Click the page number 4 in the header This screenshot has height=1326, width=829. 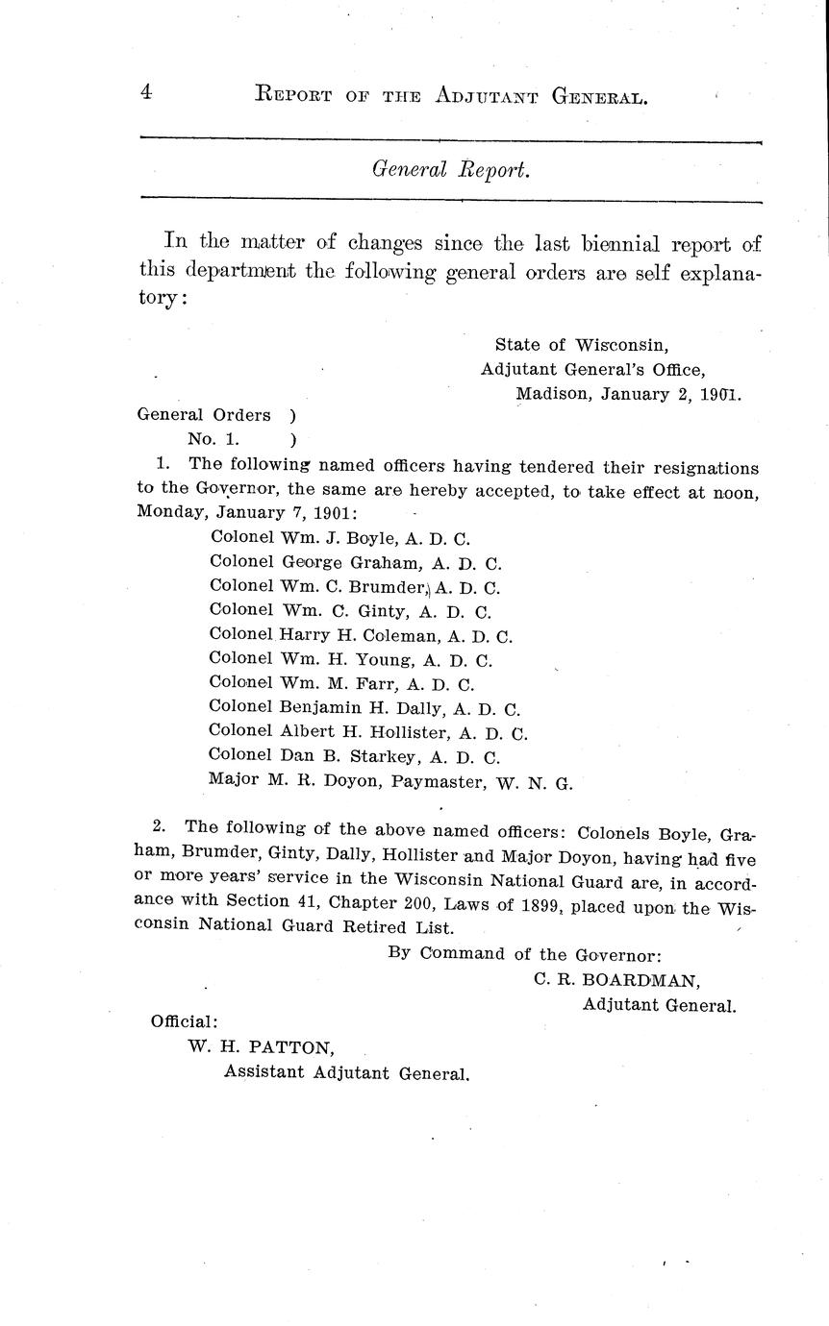(x=146, y=92)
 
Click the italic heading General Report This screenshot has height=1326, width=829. (x=451, y=169)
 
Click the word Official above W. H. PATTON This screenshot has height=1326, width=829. (x=184, y=1022)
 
